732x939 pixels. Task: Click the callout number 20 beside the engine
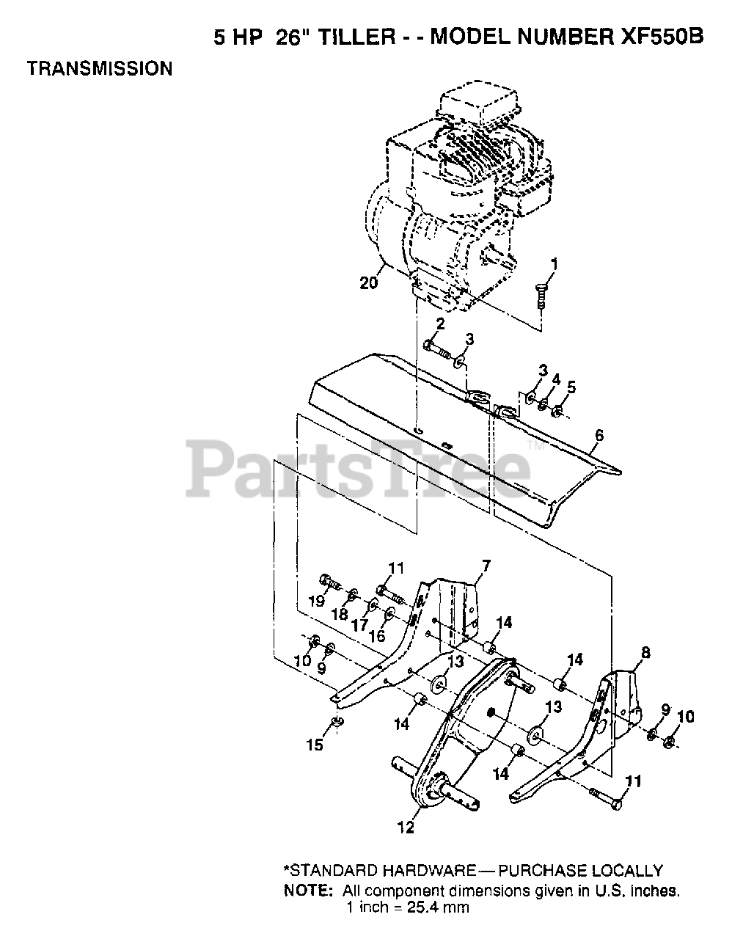click(368, 282)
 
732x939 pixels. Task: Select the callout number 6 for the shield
click(599, 436)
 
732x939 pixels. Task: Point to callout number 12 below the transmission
click(406, 827)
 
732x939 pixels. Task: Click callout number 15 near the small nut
click(314, 745)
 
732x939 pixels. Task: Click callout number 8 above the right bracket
click(645, 651)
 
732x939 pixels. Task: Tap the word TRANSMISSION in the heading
click(100, 69)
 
